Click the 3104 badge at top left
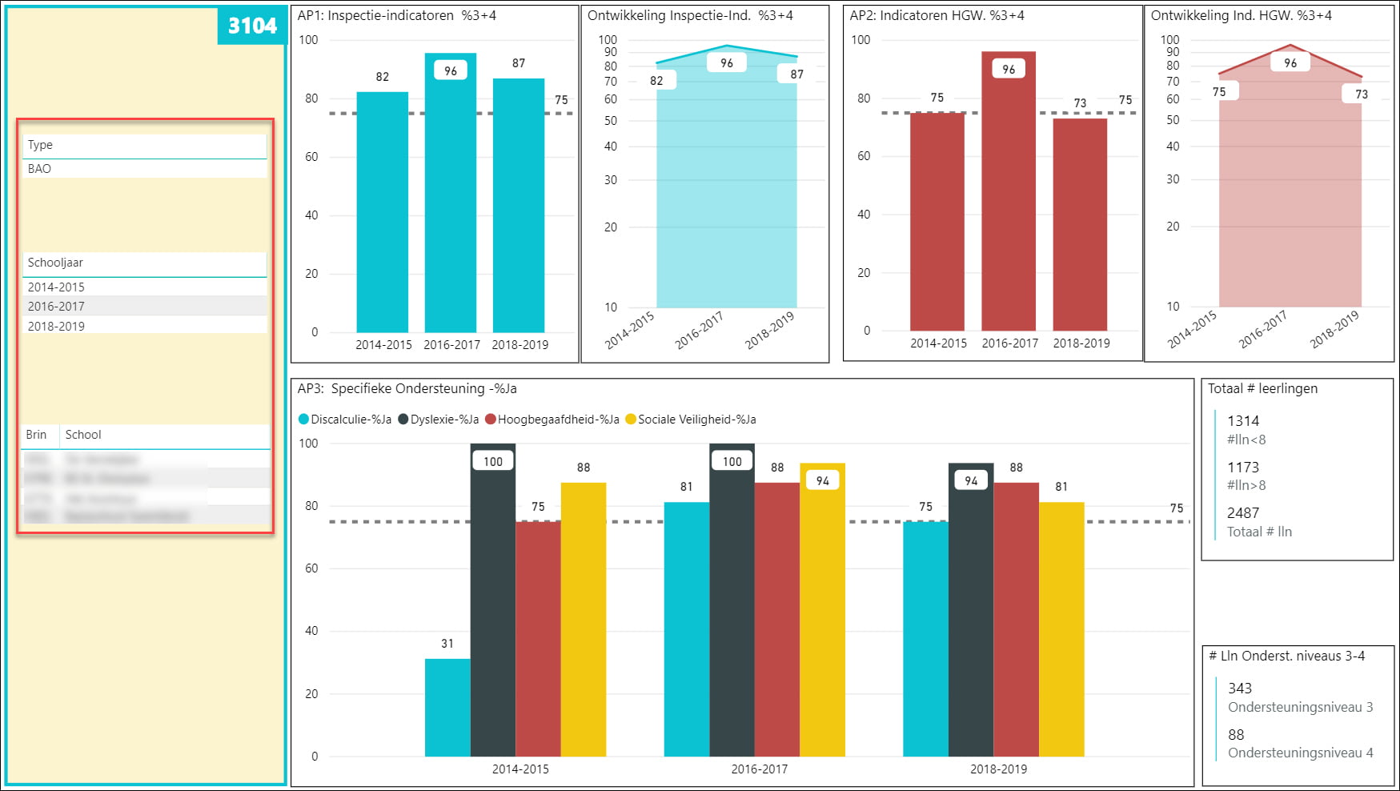pyautogui.click(x=251, y=26)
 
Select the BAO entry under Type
pyautogui.click(x=39, y=169)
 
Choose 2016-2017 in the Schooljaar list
pyautogui.click(x=56, y=306)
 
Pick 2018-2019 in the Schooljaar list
pyautogui.click(x=56, y=326)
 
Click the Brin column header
pyautogui.click(x=36, y=435)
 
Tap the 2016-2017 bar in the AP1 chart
pyautogui.click(x=451, y=200)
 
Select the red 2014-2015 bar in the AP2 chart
pyautogui.click(x=937, y=224)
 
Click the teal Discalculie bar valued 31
pyautogui.click(x=447, y=708)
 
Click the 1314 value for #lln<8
pyautogui.click(x=1243, y=421)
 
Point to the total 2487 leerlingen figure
pyautogui.click(x=1243, y=513)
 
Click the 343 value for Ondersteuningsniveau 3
pyautogui.click(x=1240, y=689)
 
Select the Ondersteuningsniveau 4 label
pyautogui.click(x=1300, y=753)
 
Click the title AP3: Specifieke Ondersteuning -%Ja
pyautogui.click(x=407, y=389)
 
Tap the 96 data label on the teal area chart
pyautogui.click(x=727, y=63)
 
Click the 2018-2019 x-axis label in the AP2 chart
pyautogui.click(x=1081, y=343)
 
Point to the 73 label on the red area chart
pyautogui.click(x=1362, y=94)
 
